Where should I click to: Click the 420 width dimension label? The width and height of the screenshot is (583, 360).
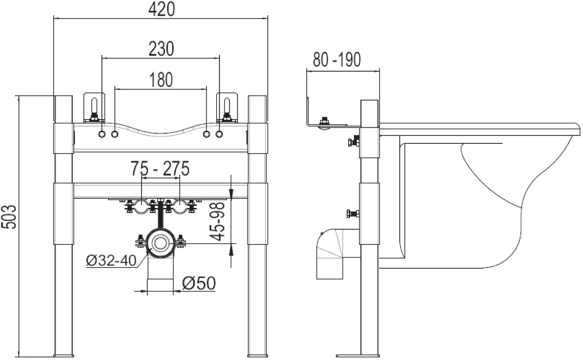[x=161, y=10]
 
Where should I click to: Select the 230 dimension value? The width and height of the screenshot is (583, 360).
[x=161, y=49]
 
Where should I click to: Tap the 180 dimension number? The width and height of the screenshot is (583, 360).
[x=161, y=80]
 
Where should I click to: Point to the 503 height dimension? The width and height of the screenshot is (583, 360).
[x=10, y=217]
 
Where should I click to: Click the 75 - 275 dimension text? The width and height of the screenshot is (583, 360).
[x=160, y=168]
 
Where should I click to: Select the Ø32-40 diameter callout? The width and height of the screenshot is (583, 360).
[x=112, y=260]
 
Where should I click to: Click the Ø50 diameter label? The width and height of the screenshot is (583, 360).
[x=199, y=283]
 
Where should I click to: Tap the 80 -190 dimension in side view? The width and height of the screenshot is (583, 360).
[x=337, y=60]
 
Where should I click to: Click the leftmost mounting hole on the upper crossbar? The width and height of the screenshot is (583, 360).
[x=102, y=134]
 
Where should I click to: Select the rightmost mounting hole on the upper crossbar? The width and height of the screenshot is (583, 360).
[x=219, y=134]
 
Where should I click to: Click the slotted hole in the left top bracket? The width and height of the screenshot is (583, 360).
[x=94, y=105]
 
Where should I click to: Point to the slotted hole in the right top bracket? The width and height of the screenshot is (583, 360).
[x=227, y=105]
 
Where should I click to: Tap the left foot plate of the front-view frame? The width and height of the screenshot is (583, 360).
[x=63, y=356]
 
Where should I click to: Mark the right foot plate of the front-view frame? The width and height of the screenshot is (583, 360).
[x=258, y=356]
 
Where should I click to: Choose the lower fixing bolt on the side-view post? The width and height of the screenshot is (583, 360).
[x=354, y=214]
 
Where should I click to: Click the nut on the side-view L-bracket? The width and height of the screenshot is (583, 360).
[x=324, y=121]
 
